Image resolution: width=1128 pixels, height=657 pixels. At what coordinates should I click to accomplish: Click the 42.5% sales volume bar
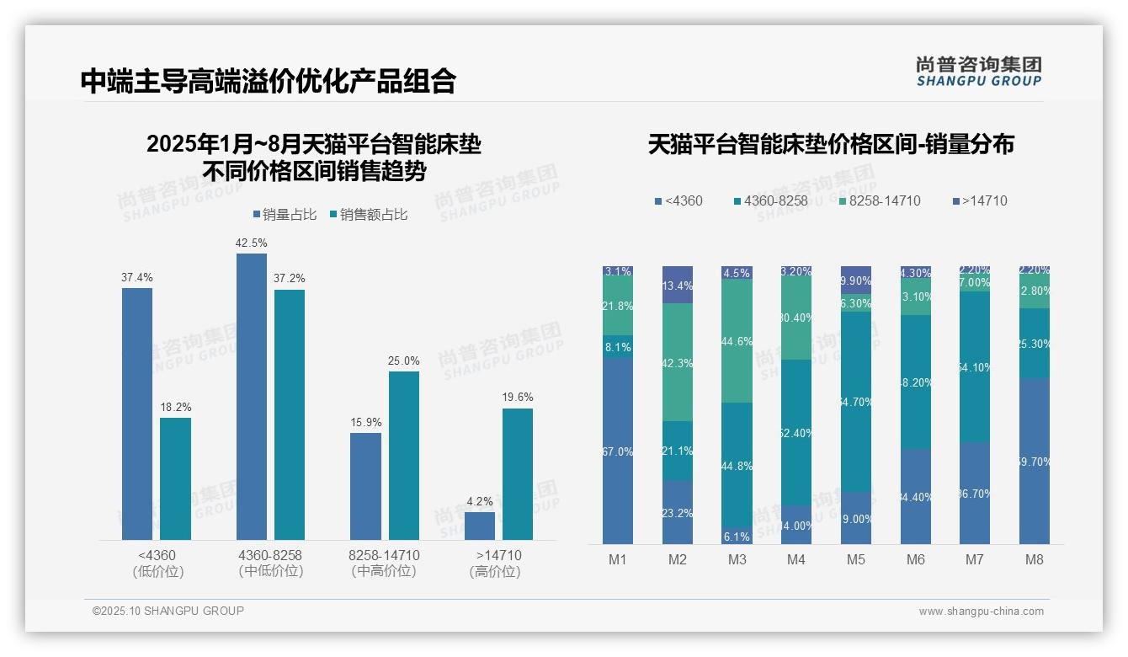[x=251, y=396]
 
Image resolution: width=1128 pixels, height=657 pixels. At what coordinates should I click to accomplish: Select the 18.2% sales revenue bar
[x=175, y=478]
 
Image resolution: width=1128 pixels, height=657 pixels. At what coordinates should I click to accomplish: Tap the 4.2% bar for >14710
[x=480, y=526]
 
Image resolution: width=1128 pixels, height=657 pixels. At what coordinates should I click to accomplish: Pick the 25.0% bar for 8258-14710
[x=404, y=455]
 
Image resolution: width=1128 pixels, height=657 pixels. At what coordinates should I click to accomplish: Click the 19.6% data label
[x=518, y=397]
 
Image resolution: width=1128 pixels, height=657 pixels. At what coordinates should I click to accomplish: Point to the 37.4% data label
[x=137, y=277]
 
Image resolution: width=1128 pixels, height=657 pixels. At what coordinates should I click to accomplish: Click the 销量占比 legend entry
[x=284, y=215]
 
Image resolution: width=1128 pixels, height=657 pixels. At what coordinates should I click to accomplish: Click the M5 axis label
[x=856, y=559]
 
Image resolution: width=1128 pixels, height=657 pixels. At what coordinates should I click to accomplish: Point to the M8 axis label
[x=1035, y=559]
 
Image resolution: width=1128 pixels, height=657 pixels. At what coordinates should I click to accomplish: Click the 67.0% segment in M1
[x=618, y=451]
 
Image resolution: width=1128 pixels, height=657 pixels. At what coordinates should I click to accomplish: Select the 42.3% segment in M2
[x=678, y=362]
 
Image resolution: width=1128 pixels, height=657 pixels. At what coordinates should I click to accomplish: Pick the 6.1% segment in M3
[x=737, y=537]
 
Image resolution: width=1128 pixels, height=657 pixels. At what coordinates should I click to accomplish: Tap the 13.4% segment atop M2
[x=678, y=285]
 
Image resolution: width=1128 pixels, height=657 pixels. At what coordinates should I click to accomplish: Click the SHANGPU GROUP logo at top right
[x=979, y=72]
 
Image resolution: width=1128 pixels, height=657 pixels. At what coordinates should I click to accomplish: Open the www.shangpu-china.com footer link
[x=981, y=612]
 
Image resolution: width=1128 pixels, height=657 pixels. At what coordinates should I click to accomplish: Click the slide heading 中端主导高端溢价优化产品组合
[x=269, y=81]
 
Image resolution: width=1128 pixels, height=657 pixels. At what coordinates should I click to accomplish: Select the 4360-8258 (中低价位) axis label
[x=270, y=564]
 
